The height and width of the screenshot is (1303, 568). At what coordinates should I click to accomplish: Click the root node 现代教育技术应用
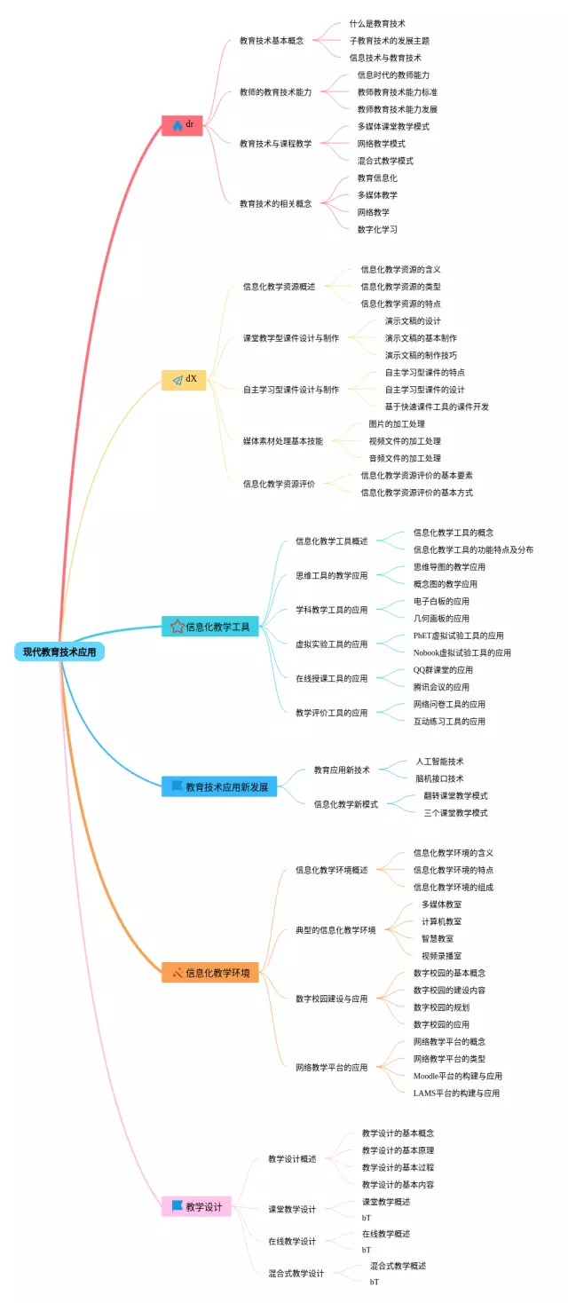59,651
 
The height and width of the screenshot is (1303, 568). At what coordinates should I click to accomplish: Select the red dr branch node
183,125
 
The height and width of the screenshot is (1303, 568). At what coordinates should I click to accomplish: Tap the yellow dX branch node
184,380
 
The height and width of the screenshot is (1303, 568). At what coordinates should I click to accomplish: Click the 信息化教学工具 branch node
210,627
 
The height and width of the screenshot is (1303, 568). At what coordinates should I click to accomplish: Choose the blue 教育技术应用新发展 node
219,786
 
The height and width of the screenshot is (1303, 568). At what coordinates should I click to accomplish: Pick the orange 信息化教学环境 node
210,973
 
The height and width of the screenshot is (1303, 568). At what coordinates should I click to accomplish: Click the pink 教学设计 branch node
196,1207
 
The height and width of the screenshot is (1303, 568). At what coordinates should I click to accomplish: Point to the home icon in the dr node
177,126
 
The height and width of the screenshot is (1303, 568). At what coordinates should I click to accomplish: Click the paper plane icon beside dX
177,380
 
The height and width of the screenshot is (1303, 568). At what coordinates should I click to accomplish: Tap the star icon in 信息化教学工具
177,627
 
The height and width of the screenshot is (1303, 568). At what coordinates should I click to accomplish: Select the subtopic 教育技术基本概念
272,41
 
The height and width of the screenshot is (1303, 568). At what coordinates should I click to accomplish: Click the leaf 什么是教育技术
377,23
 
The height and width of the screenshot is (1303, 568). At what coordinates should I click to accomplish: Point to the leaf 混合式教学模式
385,161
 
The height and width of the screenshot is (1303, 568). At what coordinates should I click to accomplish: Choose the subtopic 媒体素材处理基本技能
283,440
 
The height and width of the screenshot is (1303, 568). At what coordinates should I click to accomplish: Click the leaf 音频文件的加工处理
405,458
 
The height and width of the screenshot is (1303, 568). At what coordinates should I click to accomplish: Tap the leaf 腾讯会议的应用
441,687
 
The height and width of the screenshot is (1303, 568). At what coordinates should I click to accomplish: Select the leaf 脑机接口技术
439,778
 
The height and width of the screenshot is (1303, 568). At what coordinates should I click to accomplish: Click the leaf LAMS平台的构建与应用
456,1093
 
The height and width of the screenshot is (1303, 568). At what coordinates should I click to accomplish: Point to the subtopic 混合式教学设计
296,1273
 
